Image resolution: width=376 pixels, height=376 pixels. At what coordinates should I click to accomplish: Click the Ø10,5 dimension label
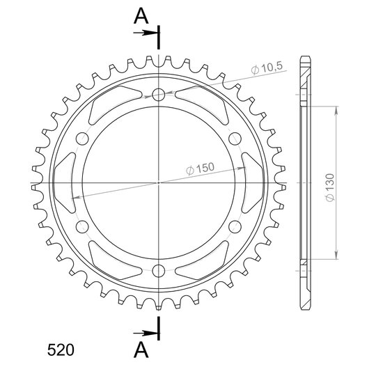pyautogui.click(x=267, y=68)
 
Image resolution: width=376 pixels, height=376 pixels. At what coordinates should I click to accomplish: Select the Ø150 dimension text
pyautogui.click(x=200, y=169)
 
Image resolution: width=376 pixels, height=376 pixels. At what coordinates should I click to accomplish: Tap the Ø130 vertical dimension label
pyautogui.click(x=330, y=188)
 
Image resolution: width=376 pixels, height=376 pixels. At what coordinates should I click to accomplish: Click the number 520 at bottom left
pyautogui.click(x=61, y=350)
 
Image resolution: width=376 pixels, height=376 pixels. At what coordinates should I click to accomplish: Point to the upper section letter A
pyautogui.click(x=141, y=16)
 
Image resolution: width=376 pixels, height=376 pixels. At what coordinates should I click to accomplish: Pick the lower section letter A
pyautogui.click(x=141, y=350)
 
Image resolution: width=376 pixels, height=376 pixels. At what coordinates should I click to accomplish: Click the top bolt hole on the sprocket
pyautogui.click(x=159, y=95)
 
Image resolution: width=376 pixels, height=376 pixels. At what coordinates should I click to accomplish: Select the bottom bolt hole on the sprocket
pyautogui.click(x=159, y=271)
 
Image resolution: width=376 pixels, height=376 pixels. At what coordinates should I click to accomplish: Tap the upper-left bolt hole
pyautogui.click(x=82, y=139)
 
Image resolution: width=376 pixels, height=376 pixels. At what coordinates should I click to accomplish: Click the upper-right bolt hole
pyautogui.click(x=235, y=139)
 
